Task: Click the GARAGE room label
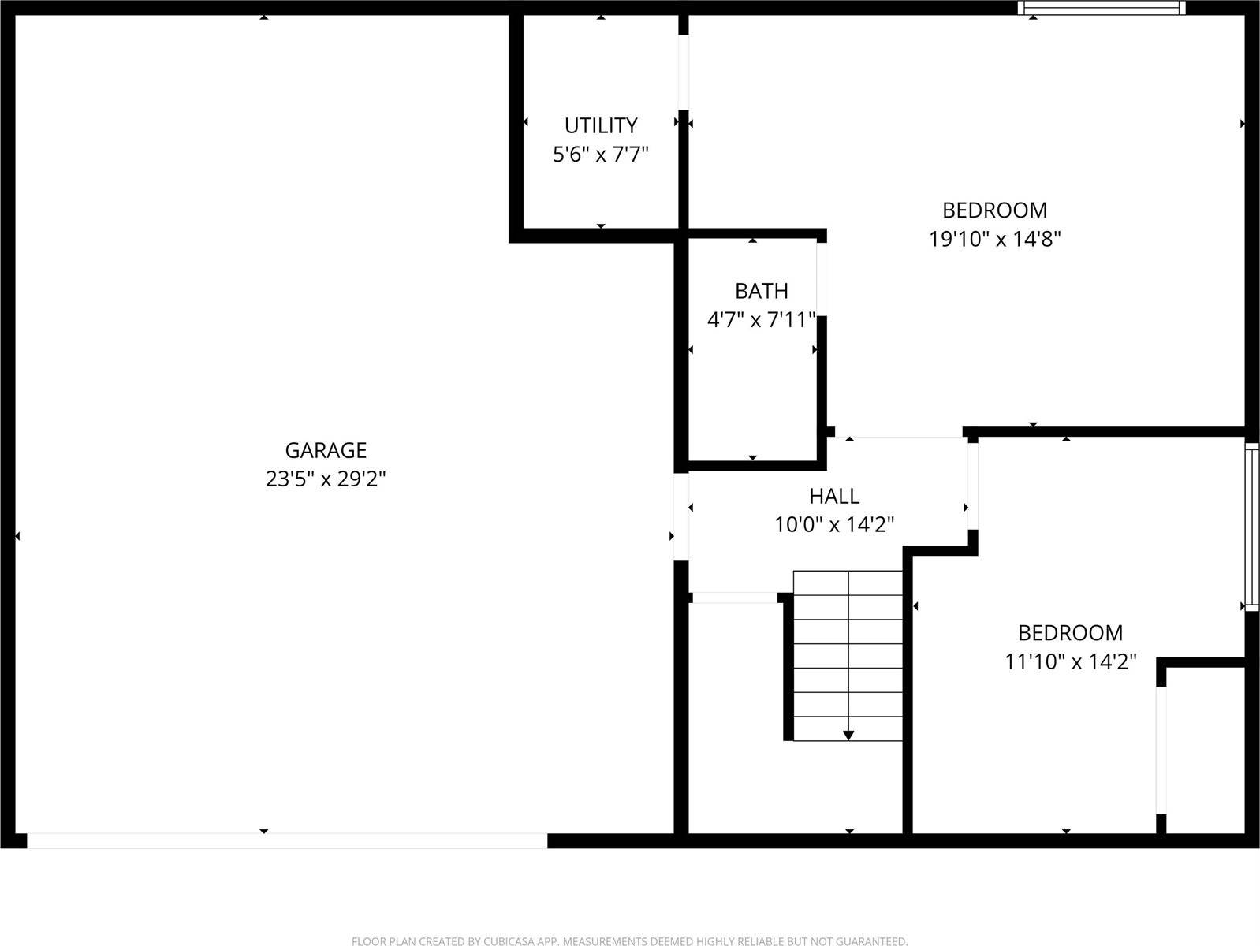point(326,450)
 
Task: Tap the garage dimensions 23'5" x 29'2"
point(326,479)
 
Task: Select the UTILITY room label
point(601,125)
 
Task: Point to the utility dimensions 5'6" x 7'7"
point(601,154)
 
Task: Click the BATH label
point(761,291)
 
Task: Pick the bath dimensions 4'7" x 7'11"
point(761,320)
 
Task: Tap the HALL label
point(834,496)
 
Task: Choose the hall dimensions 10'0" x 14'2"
point(834,524)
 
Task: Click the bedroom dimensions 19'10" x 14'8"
point(995,239)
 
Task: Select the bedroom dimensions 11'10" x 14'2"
point(1070,661)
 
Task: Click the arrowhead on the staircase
point(848,735)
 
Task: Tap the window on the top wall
point(1102,8)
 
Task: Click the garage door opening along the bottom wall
point(287,841)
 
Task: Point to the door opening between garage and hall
point(681,516)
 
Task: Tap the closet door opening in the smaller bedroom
point(1161,750)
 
